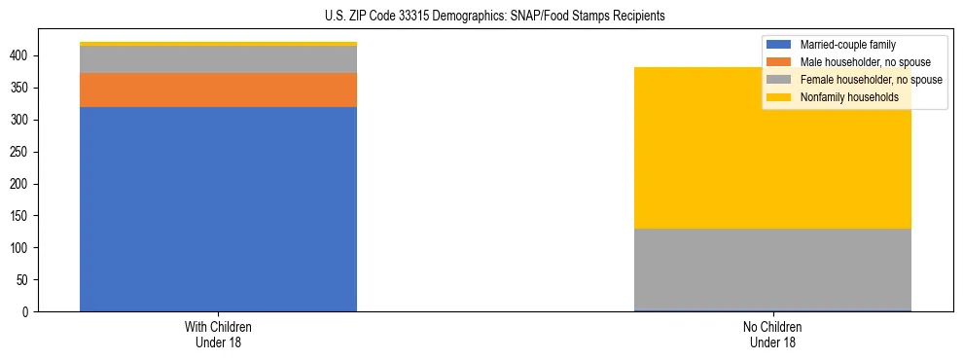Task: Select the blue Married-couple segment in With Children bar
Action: (x=218, y=209)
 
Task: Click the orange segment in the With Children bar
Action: (x=218, y=90)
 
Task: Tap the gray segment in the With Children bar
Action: (x=218, y=59)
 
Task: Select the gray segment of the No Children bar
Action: (x=772, y=270)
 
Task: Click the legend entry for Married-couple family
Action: (x=846, y=45)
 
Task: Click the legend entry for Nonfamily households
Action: (x=848, y=97)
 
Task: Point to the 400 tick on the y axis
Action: (x=22, y=55)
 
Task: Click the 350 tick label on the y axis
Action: (x=22, y=88)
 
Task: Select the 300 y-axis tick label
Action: (x=22, y=120)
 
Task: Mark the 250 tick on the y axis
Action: (x=22, y=152)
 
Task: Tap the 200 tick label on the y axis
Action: (x=22, y=184)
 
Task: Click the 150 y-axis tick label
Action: (x=22, y=216)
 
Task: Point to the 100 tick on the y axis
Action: (x=22, y=248)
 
